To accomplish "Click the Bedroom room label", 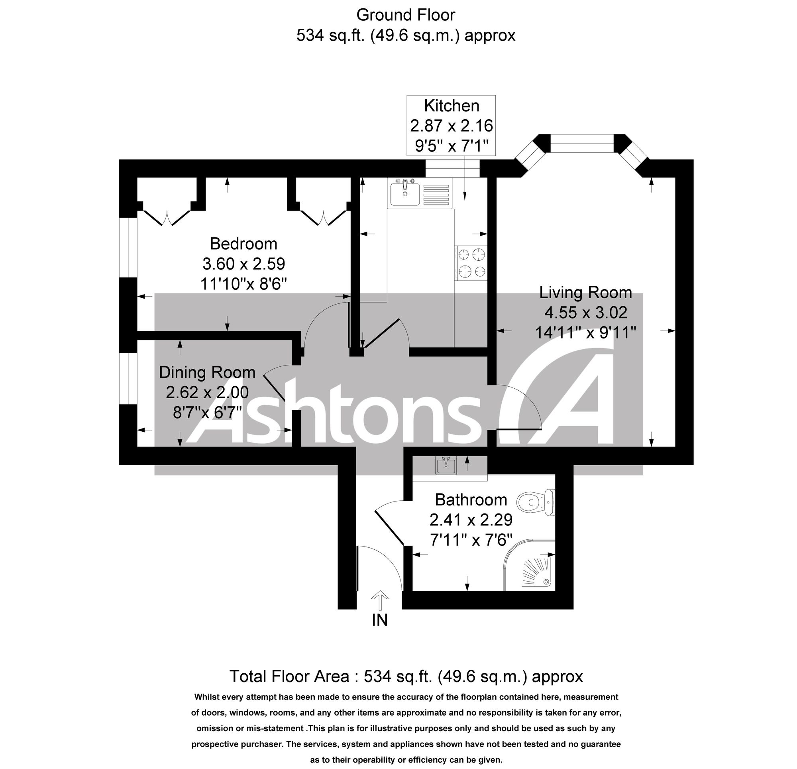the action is [243, 244].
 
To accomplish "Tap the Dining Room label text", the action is [207, 372].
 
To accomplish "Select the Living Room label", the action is [585, 293].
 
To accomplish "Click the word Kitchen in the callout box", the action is [452, 106].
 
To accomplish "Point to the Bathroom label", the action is [471, 500].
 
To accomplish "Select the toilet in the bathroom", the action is [536, 502].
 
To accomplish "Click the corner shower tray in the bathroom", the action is [529, 566].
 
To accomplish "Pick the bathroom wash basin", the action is [446, 466].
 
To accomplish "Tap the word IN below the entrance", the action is [380, 620].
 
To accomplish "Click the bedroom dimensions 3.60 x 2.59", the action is [243, 264].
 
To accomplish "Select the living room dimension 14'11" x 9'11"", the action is [585, 332].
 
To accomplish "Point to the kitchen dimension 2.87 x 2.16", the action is [452, 125].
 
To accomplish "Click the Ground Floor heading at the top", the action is [406, 15].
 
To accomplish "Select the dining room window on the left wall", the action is [128, 378].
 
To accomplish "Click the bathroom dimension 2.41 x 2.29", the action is [471, 519].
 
